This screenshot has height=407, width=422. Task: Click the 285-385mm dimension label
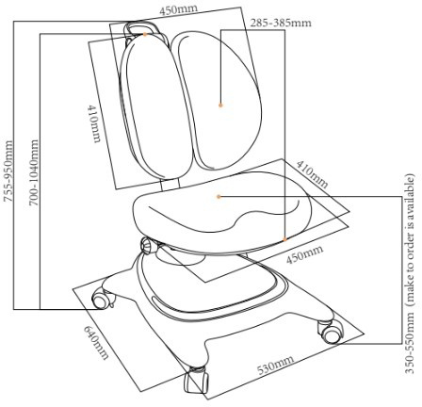coord(281,23)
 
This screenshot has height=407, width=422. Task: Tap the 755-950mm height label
coord(8,171)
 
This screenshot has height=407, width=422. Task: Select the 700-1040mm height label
coord(34,172)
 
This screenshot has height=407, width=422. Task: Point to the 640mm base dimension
coord(96,342)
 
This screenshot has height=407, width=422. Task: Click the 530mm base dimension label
coord(276,366)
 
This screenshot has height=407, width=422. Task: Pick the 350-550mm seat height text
coord(410,343)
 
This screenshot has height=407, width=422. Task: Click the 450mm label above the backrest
coord(178,9)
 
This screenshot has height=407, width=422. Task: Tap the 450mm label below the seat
coord(304,254)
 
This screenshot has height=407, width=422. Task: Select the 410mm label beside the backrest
coord(94,123)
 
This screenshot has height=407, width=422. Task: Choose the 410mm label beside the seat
coord(313,173)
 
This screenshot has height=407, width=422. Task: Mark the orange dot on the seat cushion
coord(219,197)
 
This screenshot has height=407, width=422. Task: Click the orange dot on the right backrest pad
coord(220,105)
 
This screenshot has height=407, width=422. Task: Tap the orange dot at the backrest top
coord(145,34)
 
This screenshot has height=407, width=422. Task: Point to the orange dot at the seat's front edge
coord(284,239)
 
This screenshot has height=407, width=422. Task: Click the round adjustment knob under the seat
coord(146,245)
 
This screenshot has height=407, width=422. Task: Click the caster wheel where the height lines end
coord(101,301)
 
